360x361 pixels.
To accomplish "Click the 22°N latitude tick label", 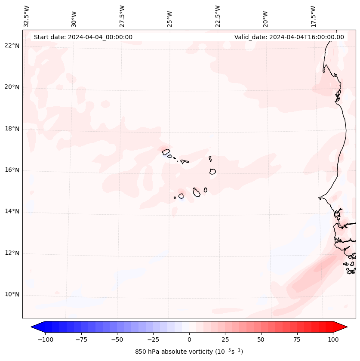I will click(x=12, y=46).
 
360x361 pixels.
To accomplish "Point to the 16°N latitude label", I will click(x=12, y=170).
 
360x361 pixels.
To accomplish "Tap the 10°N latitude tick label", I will click(x=12, y=295).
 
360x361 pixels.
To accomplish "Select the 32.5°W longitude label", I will click(x=27, y=16).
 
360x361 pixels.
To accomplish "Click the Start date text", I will click(x=83, y=37).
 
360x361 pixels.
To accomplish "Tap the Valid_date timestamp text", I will click(x=289, y=37).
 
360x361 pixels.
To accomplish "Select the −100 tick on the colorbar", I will click(x=45, y=339).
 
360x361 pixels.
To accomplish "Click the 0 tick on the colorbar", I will click(x=189, y=339).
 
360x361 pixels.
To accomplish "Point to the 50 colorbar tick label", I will click(x=261, y=339).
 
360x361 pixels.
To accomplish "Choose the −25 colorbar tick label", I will click(x=153, y=339).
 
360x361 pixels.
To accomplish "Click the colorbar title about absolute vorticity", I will click(x=189, y=352).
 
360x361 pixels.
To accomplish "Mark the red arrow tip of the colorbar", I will click(x=345, y=327).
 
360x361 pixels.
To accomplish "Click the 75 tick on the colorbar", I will click(x=297, y=339).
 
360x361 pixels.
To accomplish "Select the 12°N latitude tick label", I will click(x=12, y=253).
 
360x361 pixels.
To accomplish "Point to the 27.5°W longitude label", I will click(x=122, y=16).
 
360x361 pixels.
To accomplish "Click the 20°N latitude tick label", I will click(x=12, y=87).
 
